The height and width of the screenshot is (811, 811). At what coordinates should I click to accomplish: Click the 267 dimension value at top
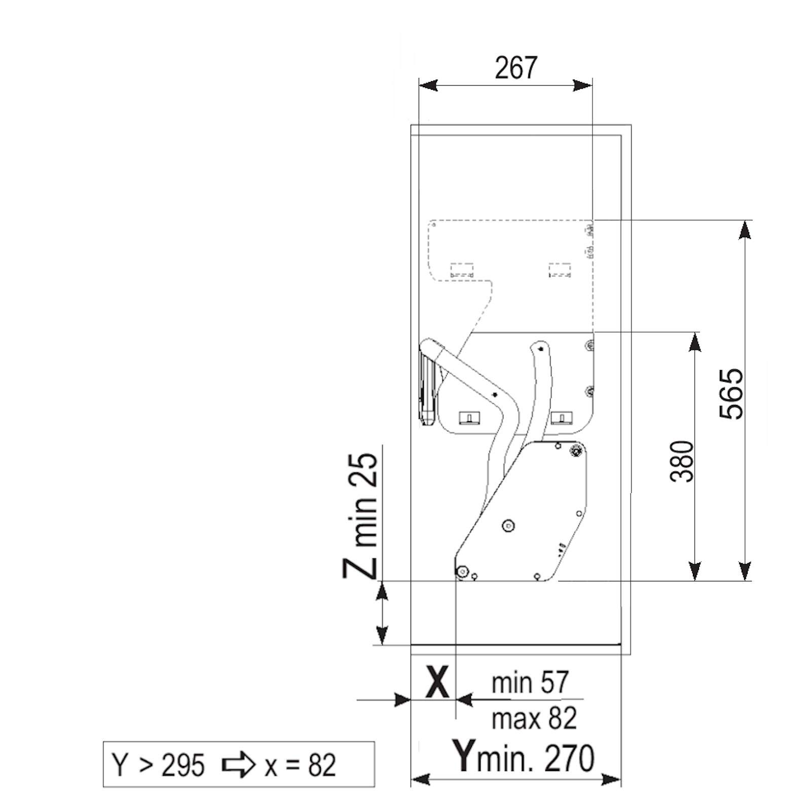(x=515, y=68)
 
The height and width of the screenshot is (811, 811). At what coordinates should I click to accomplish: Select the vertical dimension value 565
(x=731, y=394)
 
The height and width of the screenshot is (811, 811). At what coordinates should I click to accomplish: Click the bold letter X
(x=436, y=682)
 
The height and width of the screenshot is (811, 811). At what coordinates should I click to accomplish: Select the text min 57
(x=530, y=682)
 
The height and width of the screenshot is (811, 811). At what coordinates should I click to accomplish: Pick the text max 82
(x=534, y=718)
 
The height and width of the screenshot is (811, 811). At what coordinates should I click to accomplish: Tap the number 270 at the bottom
(x=569, y=759)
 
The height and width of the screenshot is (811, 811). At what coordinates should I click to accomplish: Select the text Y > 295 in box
(x=158, y=765)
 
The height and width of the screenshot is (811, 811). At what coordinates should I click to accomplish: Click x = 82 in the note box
(x=300, y=765)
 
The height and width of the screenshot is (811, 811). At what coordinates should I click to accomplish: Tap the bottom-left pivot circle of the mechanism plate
(x=462, y=572)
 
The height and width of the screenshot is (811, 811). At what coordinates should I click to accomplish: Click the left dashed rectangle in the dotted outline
(x=462, y=270)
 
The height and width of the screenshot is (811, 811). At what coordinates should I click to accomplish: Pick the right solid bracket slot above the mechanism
(x=562, y=418)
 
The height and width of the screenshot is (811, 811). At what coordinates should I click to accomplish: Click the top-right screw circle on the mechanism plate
(x=575, y=450)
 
